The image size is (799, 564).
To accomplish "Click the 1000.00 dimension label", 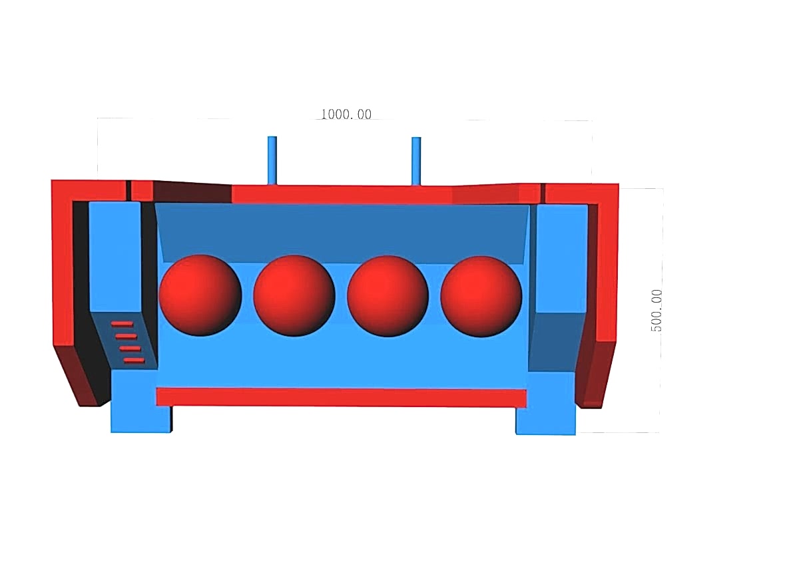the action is point(346,114).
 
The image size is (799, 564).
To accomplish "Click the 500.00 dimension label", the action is point(657,311).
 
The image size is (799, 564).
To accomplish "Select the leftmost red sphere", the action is point(200,295).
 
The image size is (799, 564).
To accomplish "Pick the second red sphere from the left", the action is point(294,296).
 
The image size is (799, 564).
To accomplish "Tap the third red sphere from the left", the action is point(388,296).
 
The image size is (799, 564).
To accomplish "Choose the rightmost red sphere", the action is point(481,297).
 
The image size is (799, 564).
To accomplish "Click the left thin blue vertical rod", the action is point(272,161).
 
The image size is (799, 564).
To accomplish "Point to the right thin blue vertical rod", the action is point(416,162).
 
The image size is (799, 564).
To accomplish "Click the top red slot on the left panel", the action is point(122,324).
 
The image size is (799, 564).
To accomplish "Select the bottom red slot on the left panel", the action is point(134,360).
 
